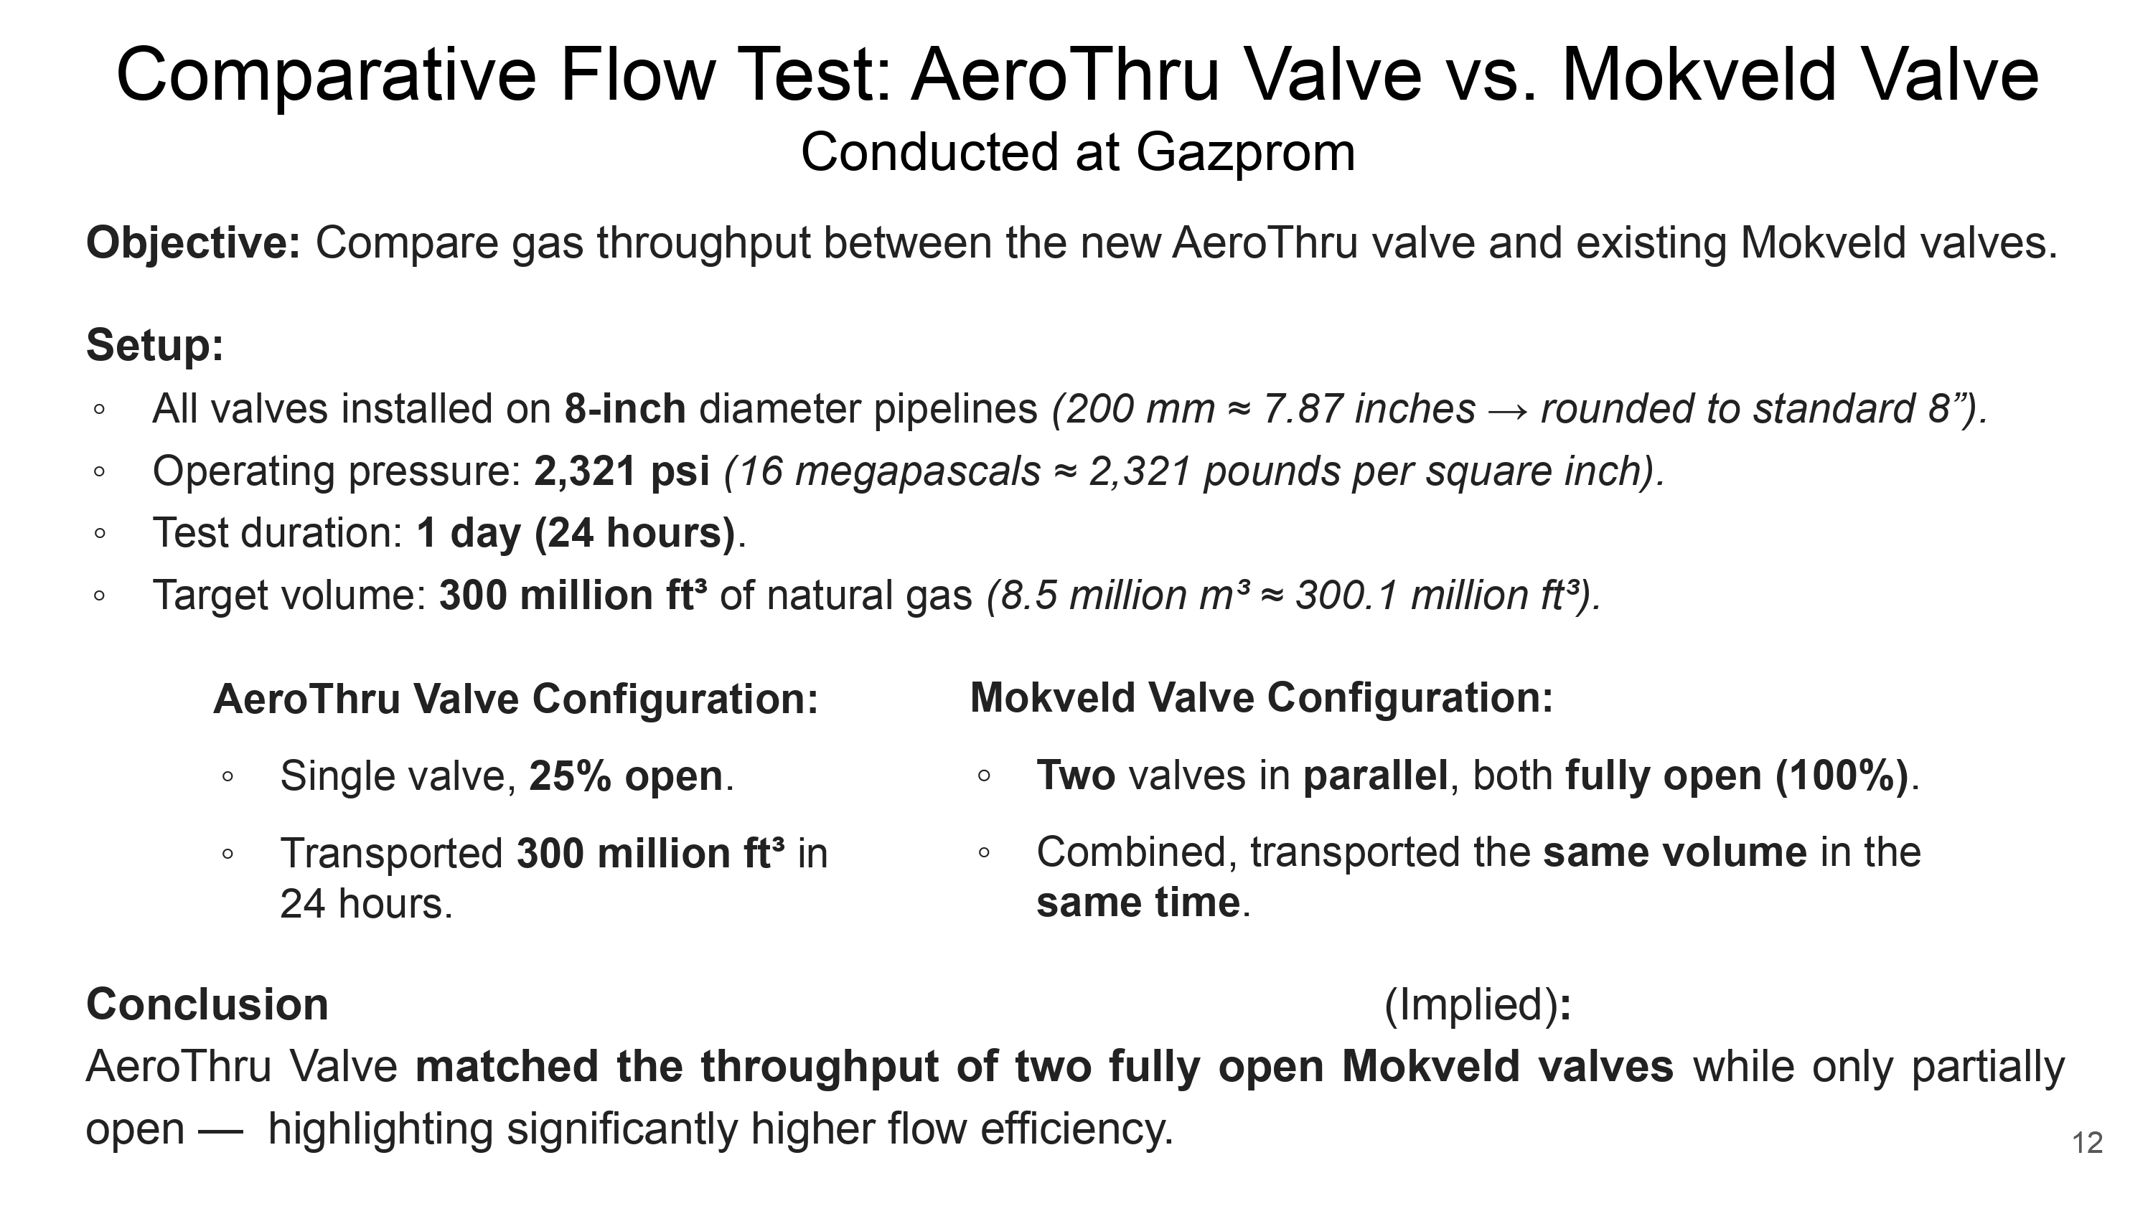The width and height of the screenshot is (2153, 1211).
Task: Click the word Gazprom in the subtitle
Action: click(x=1245, y=153)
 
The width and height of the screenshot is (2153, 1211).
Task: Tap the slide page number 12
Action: click(x=2087, y=1142)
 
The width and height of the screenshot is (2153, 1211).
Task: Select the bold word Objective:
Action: click(x=193, y=244)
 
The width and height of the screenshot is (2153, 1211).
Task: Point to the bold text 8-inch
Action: click(x=625, y=409)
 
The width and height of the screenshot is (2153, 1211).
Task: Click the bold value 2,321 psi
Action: click(x=621, y=471)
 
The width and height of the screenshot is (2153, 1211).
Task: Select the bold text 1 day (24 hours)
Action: click(x=576, y=533)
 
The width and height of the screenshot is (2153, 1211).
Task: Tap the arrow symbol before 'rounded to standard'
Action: click(x=1508, y=410)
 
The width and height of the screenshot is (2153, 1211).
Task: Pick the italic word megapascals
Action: click(x=917, y=471)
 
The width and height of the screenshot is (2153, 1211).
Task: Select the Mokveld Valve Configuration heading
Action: click(x=1261, y=698)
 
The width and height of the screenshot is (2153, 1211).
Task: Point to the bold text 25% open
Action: click(x=626, y=776)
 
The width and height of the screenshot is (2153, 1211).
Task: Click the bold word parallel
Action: click(x=1376, y=776)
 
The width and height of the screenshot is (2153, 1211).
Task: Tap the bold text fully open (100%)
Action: click(x=1737, y=776)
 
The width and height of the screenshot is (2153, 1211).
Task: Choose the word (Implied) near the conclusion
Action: click(x=1471, y=1004)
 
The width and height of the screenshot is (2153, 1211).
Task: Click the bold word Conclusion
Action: click(x=207, y=1004)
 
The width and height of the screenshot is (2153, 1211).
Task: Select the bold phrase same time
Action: click(x=1138, y=903)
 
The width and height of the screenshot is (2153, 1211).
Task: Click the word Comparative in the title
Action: click(x=326, y=75)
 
